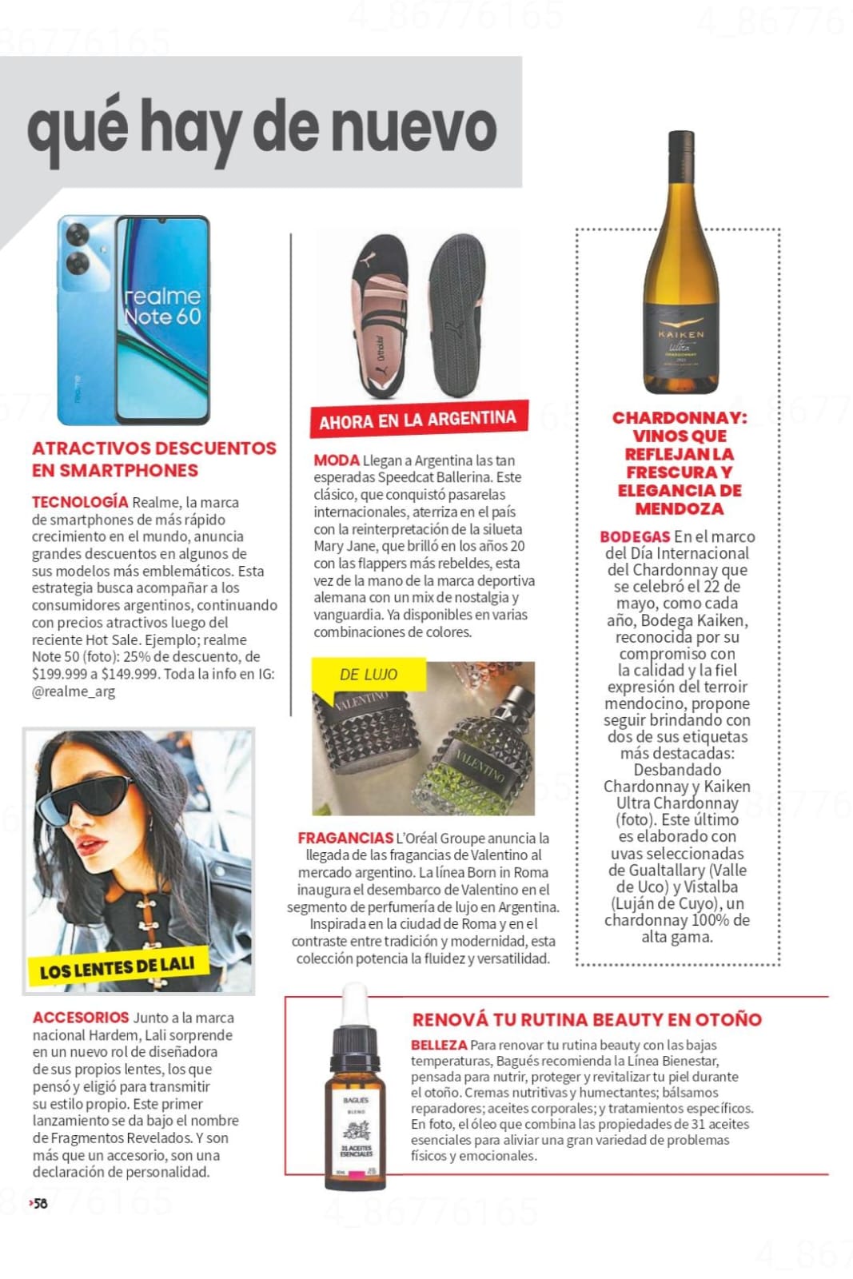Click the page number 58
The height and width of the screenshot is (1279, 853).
click(40, 1203)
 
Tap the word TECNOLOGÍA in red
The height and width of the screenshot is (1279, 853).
click(80, 502)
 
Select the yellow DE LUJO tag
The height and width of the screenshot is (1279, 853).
click(368, 675)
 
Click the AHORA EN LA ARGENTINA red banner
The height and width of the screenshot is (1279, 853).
click(417, 420)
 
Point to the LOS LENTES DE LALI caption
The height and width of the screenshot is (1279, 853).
click(117, 967)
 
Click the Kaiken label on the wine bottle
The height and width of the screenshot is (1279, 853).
click(681, 344)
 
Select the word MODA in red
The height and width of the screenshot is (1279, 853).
click(337, 460)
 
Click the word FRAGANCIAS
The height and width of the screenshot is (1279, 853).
click(345, 838)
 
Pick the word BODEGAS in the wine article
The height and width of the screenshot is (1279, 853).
click(635, 536)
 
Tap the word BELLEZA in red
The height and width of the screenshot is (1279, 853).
click(439, 1045)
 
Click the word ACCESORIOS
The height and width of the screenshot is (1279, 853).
click(81, 1018)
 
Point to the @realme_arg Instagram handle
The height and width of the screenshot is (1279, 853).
click(74, 691)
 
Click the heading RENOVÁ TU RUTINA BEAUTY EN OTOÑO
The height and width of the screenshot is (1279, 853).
click(587, 1019)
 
